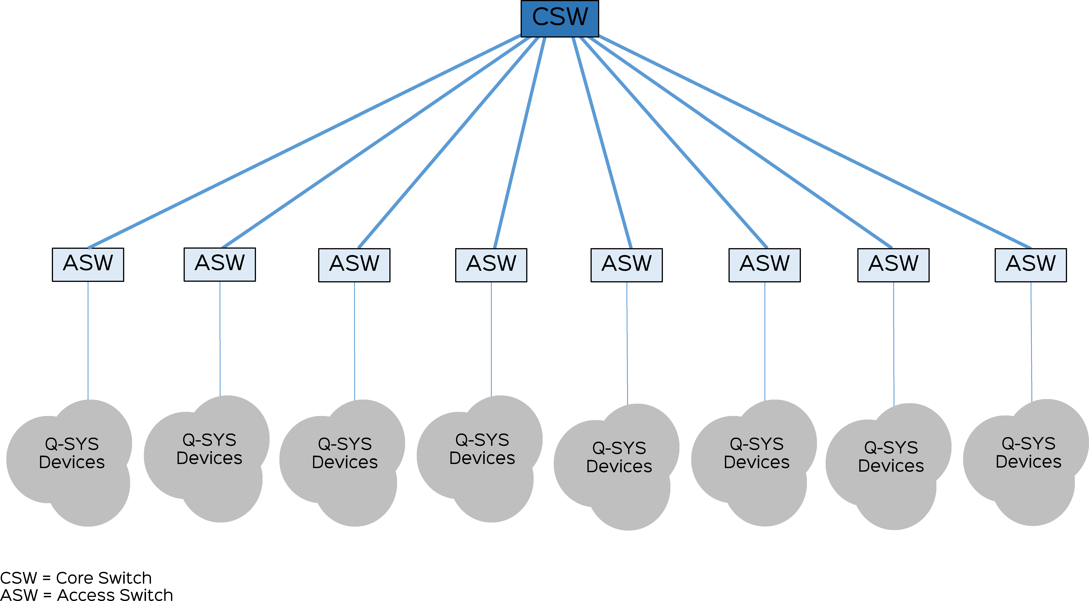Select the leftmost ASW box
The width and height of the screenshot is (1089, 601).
(x=88, y=264)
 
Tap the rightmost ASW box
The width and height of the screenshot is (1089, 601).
(x=1031, y=265)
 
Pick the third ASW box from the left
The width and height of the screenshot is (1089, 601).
(x=354, y=265)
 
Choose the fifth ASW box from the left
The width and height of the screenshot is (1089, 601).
(x=626, y=265)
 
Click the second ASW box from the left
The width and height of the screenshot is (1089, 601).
(x=220, y=264)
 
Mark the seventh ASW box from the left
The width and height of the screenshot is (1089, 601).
(x=893, y=265)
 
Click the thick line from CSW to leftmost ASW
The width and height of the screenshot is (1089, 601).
(x=304, y=141)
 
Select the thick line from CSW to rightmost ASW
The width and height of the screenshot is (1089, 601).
(x=815, y=141)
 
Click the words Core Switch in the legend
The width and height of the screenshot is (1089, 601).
(x=104, y=578)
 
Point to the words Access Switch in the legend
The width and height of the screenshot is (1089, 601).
(x=115, y=595)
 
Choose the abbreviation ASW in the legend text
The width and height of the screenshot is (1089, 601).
(x=19, y=595)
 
